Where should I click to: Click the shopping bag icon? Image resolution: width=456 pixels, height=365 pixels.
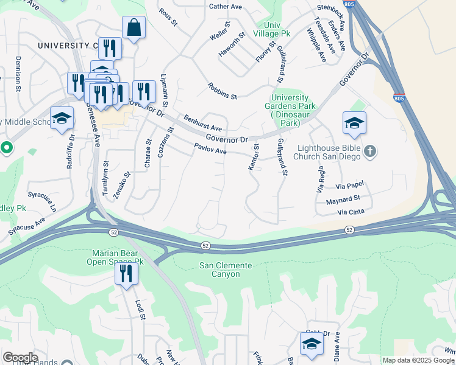pos(134,28)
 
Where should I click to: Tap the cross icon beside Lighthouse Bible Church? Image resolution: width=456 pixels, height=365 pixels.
pos(369,151)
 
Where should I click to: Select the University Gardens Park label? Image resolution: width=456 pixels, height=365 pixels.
pos(294,110)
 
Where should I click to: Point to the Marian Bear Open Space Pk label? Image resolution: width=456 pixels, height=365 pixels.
pos(118,257)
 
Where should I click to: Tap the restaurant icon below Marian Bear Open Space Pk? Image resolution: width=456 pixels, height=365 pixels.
pos(126,273)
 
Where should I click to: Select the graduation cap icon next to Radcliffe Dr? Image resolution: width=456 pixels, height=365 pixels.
pos(62,119)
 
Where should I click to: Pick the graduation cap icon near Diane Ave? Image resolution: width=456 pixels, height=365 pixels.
pos(311,343)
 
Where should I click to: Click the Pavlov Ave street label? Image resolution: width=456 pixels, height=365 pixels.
pos(210,148)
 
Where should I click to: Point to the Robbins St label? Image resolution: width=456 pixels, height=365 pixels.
pos(221,91)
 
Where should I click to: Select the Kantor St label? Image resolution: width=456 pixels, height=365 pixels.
pos(254,157)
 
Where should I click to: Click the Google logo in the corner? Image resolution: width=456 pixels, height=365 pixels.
pos(20,358)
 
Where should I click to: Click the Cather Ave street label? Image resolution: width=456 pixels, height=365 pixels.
pos(226,7)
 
